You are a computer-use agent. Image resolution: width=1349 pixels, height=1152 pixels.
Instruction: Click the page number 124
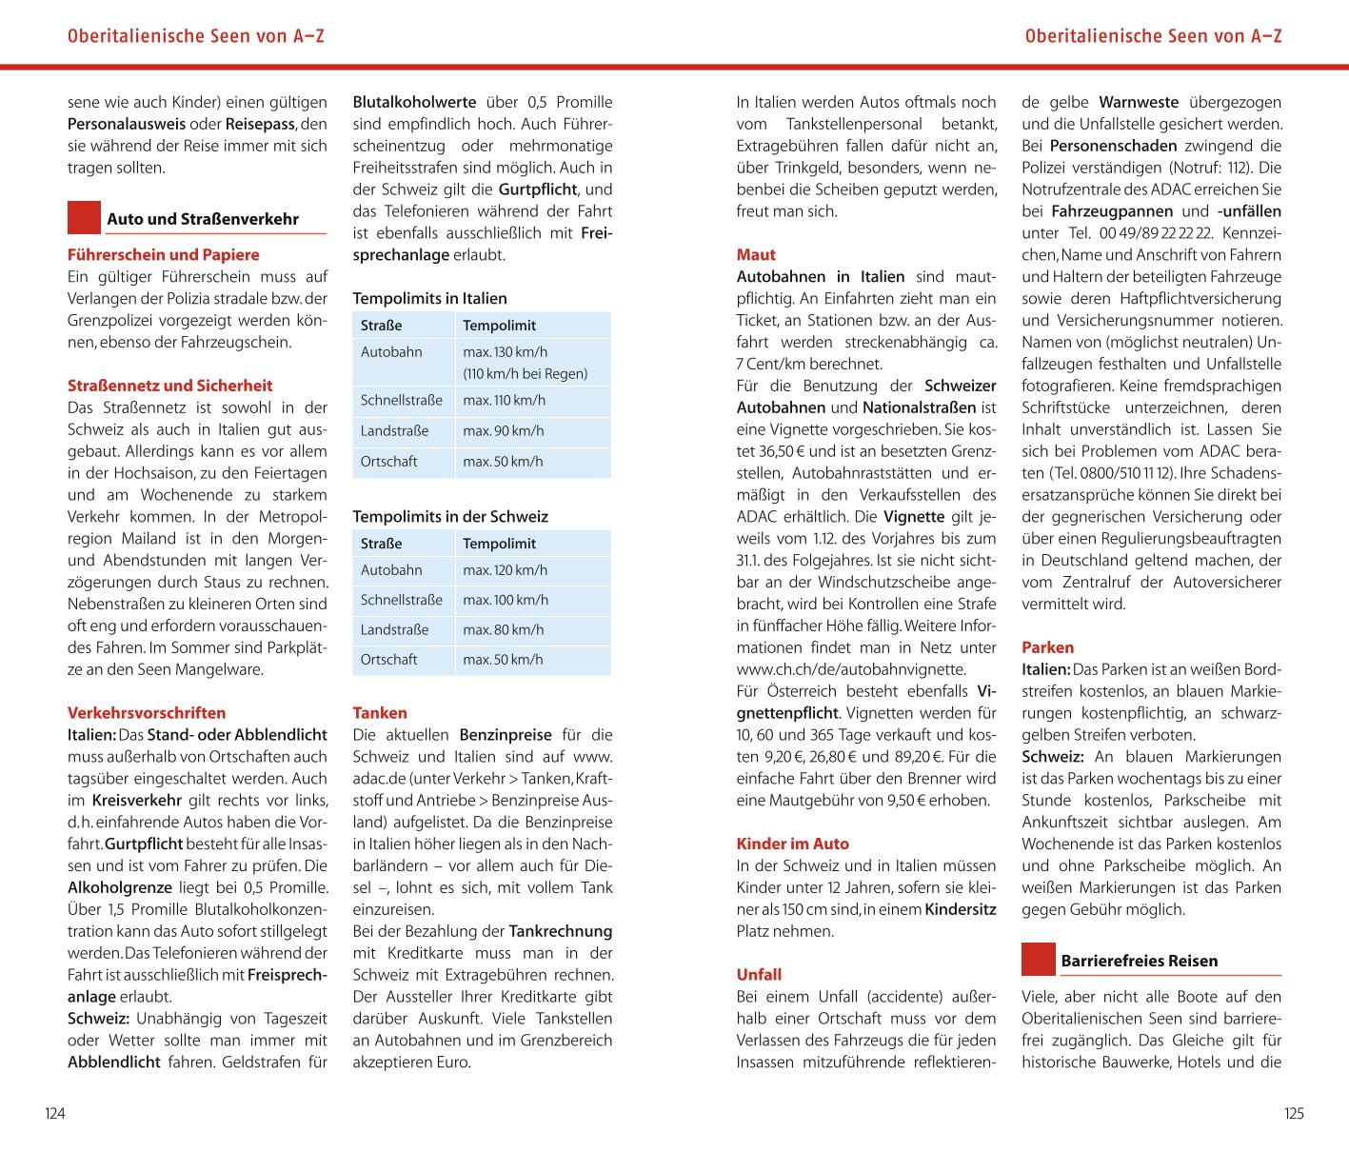point(55,1113)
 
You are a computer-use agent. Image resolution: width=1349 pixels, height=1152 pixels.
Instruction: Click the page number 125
point(1293,1113)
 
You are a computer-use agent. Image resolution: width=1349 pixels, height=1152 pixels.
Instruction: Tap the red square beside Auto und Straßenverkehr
point(85,218)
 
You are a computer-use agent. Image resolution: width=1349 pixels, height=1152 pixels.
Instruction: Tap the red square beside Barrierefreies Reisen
point(1039,960)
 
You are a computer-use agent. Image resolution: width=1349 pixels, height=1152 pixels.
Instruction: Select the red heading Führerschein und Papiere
point(163,254)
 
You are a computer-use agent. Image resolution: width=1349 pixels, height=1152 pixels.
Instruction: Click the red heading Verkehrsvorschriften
point(147,712)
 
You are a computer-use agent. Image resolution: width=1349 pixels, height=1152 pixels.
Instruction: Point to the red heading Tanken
point(380,712)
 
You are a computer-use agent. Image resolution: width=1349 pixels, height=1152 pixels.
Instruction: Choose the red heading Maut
point(756,254)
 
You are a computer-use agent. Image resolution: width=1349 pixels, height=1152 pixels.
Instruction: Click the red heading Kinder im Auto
point(792,844)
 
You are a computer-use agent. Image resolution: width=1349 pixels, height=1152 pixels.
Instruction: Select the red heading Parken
point(1047,647)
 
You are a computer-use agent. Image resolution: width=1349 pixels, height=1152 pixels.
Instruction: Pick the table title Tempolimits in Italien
point(429,298)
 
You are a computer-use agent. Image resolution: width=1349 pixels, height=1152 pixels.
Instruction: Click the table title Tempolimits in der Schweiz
point(450,516)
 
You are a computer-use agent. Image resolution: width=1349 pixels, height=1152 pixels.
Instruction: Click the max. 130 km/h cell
point(506,352)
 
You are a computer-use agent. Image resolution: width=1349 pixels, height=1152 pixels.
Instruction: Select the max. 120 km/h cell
point(506,570)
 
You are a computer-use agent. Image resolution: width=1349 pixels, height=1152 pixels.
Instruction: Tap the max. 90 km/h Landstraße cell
point(504,431)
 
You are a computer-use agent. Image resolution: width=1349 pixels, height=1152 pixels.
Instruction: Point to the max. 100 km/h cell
point(506,600)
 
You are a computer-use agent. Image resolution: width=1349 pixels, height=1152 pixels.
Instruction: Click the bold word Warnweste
point(1139,102)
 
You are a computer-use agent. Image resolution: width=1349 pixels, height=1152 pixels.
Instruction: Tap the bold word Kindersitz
point(961,909)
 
